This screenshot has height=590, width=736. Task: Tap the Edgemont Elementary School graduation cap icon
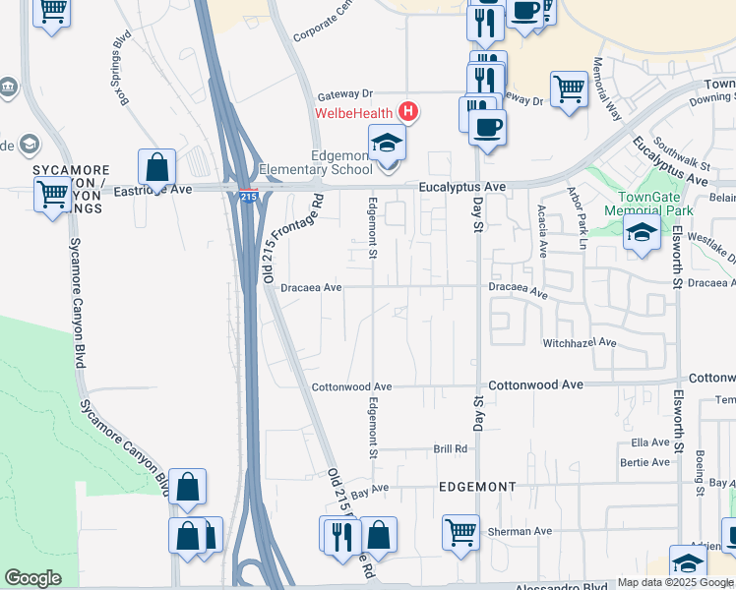click(x=387, y=144)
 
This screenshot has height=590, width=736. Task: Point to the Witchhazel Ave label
click(x=579, y=343)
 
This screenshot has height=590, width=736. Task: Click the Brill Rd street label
click(x=450, y=448)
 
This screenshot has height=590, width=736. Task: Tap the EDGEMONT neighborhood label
click(x=477, y=487)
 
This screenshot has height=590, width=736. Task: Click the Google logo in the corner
click(x=32, y=577)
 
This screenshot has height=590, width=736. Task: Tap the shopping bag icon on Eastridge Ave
click(x=156, y=169)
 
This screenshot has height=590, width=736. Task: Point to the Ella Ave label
click(x=650, y=442)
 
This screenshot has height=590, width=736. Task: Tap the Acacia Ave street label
click(x=542, y=231)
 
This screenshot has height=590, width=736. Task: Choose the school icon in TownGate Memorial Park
click(x=642, y=233)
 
